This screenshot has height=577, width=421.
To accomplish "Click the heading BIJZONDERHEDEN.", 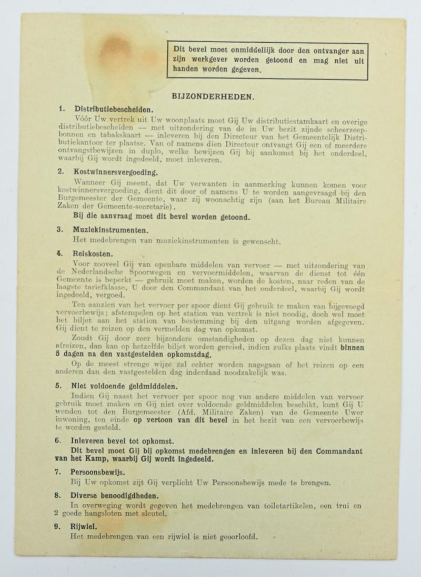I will (x=206, y=97).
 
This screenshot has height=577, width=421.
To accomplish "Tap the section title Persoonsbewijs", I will (x=97, y=471).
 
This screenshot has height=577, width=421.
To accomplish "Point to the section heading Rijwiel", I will (x=82, y=526).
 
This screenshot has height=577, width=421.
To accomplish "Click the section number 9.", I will (x=61, y=526).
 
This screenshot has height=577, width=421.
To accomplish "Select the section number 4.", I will (x=61, y=253).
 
